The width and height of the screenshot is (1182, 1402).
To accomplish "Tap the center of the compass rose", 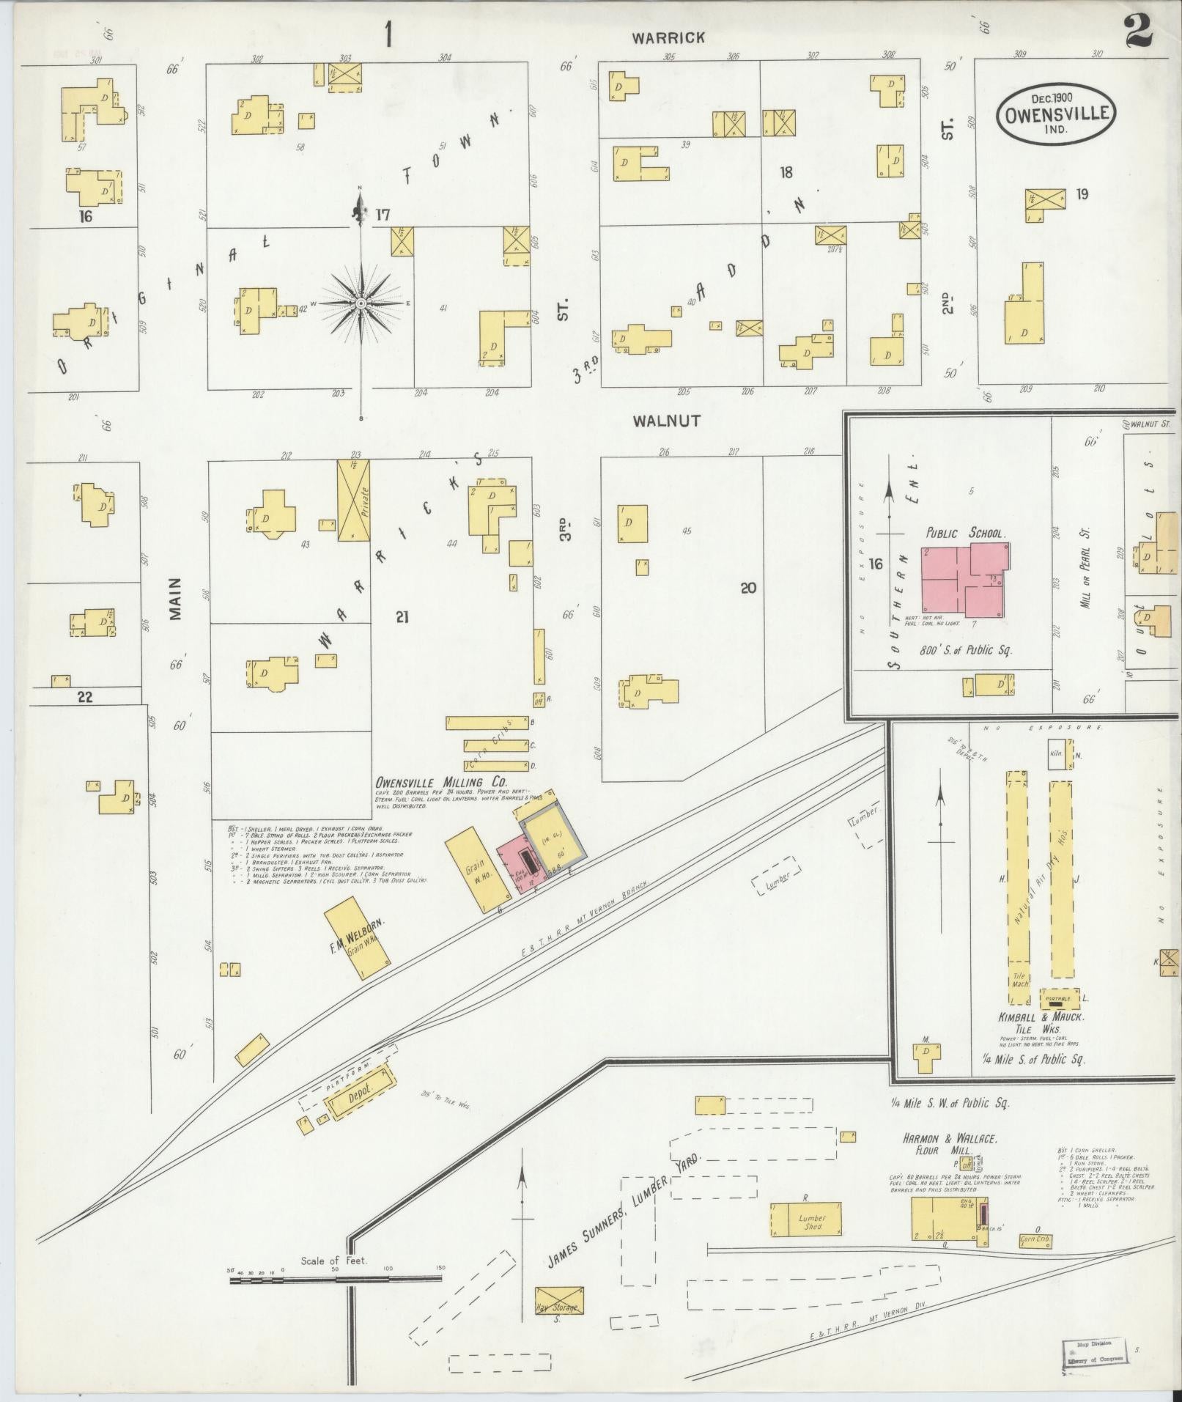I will coord(361,303).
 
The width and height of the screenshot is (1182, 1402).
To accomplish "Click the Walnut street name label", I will coord(666,421).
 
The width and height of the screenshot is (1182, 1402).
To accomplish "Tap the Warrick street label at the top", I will coord(669,37).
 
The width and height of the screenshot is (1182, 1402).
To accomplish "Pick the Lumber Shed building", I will coord(805,1218).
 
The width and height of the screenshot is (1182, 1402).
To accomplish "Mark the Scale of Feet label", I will coord(334,1261).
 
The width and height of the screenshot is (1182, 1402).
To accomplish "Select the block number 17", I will coord(383,215).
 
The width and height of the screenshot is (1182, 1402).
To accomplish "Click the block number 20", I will coord(747,588).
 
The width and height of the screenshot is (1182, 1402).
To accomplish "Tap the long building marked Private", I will coord(353,501).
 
